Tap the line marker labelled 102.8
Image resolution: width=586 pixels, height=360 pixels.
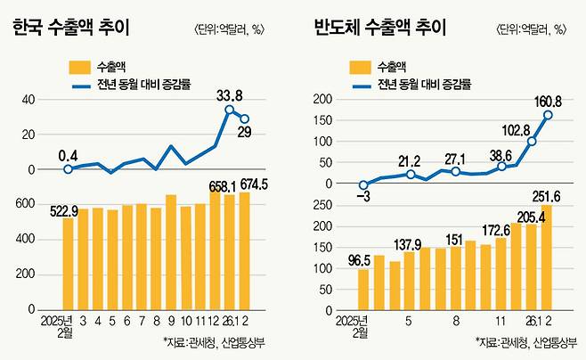click(x=533, y=142)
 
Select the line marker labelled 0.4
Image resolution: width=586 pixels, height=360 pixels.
click(x=68, y=169)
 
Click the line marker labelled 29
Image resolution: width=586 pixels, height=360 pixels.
click(x=244, y=119)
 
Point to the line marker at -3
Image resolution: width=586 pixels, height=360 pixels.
click(x=363, y=185)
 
